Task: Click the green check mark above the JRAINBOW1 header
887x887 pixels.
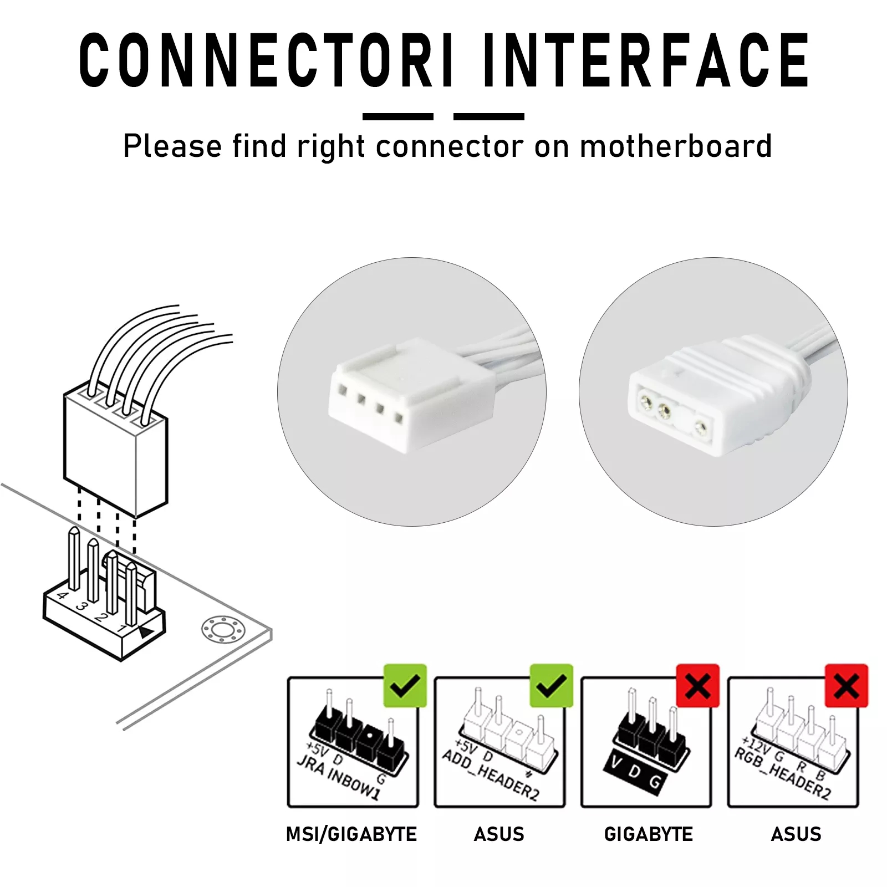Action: (x=405, y=686)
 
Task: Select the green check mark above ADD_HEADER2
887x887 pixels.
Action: (x=551, y=686)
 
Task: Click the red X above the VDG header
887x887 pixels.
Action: (x=697, y=686)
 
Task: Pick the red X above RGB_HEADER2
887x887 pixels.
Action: (x=846, y=686)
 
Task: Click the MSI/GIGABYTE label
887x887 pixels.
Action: (x=351, y=834)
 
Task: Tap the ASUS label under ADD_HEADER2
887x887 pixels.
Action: (x=499, y=834)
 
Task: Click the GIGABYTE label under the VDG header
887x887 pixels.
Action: (x=648, y=834)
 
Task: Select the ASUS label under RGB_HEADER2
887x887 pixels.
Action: (x=796, y=834)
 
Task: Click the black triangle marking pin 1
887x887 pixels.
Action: (x=146, y=633)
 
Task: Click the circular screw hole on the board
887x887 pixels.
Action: (x=222, y=630)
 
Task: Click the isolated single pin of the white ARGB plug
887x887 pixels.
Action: (x=701, y=427)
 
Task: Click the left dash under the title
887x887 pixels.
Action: (x=397, y=116)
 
